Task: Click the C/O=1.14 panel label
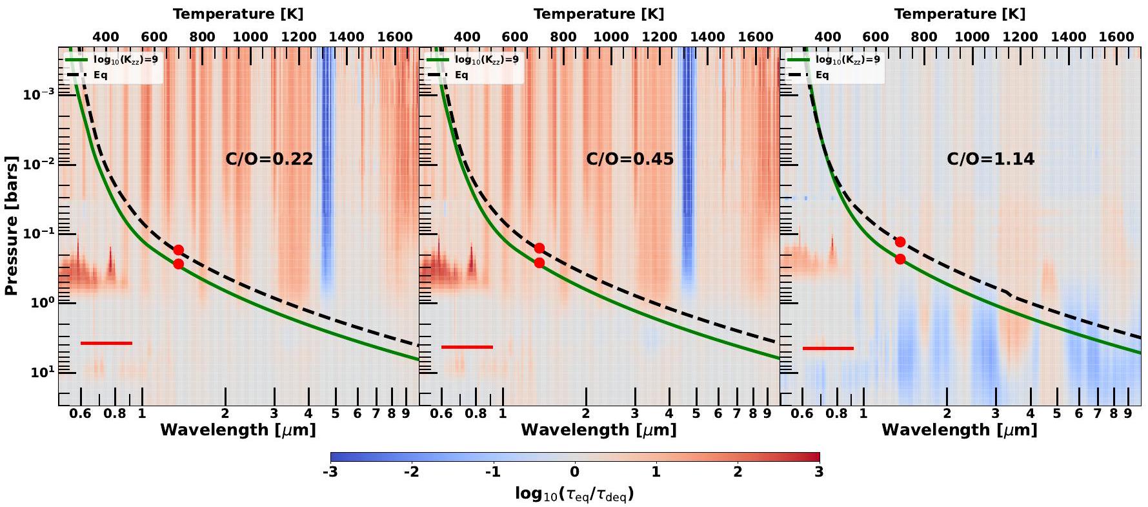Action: click(x=990, y=159)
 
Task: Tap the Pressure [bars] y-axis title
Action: click(x=11, y=226)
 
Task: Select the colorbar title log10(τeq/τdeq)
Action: click(x=574, y=494)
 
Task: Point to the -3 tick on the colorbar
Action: click(x=330, y=472)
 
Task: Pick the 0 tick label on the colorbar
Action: click(x=574, y=472)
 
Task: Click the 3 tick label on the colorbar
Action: click(x=818, y=472)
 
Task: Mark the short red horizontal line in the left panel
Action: click(x=106, y=343)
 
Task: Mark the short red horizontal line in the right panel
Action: click(x=828, y=348)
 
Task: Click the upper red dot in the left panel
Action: click(x=178, y=250)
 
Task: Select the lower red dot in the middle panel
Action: click(x=539, y=263)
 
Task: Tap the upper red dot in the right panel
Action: click(x=900, y=242)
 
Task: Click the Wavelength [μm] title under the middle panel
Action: click(x=598, y=429)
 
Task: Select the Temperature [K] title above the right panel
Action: click(x=959, y=14)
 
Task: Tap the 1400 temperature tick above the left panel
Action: click(x=347, y=36)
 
